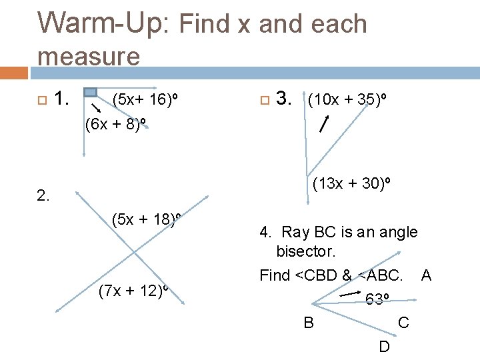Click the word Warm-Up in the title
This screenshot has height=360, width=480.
pos(105,24)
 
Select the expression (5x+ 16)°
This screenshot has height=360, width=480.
pos(146,100)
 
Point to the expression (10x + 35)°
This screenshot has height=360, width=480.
pos(347,100)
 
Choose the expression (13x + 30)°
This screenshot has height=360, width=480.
pos(352,183)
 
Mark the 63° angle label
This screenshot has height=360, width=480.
pos(378,299)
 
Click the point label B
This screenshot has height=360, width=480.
pos(309,323)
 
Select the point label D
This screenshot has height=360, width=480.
pos(385,347)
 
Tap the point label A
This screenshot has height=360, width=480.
pos(426,275)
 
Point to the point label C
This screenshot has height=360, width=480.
pos(403,323)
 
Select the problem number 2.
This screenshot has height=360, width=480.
pos(43,196)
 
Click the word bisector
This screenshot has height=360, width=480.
pos(306,253)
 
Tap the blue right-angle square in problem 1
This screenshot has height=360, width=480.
pos(91,92)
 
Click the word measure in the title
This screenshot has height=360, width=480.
pos(89,56)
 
